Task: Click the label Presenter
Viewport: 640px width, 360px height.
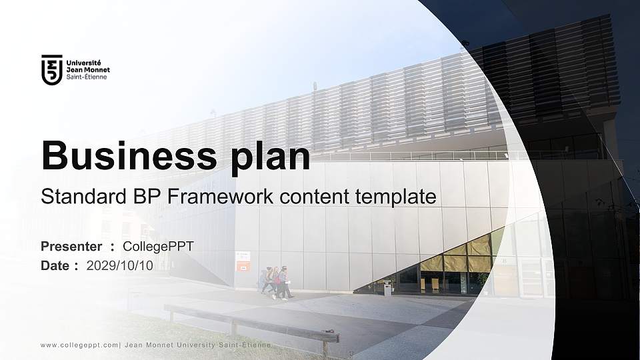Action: pos(71,247)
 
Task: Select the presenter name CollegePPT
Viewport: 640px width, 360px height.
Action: pos(159,247)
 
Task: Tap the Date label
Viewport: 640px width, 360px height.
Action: pos(55,266)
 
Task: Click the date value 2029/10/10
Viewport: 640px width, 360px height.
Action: pos(120,266)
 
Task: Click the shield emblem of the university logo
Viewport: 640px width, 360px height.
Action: pos(51,70)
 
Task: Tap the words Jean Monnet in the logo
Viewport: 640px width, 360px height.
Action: pos(88,69)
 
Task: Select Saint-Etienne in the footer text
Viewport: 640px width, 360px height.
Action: pos(246,345)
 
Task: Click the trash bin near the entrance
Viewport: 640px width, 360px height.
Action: pos(387,287)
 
